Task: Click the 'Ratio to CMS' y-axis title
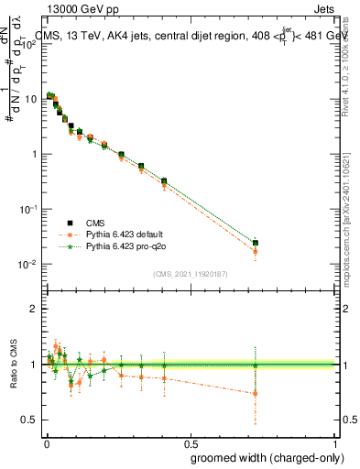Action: point(12,376)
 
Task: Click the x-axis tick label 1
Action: point(336,442)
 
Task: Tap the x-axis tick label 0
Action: point(45,442)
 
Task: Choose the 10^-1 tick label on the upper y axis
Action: point(28,209)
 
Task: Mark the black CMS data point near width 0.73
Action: point(256,243)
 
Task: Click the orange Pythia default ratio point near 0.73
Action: point(256,393)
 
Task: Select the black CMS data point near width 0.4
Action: point(164,181)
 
